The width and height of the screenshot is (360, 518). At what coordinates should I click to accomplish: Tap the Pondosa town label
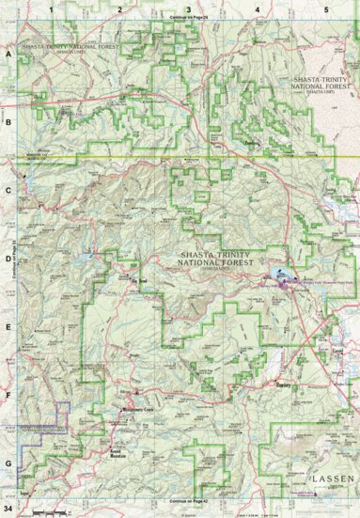pos(251,144)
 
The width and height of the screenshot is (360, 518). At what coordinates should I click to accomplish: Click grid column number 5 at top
pos(325,8)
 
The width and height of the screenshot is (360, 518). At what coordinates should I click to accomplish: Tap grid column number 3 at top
pos(188,8)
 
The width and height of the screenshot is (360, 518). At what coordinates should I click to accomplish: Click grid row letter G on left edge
pos(8,463)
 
